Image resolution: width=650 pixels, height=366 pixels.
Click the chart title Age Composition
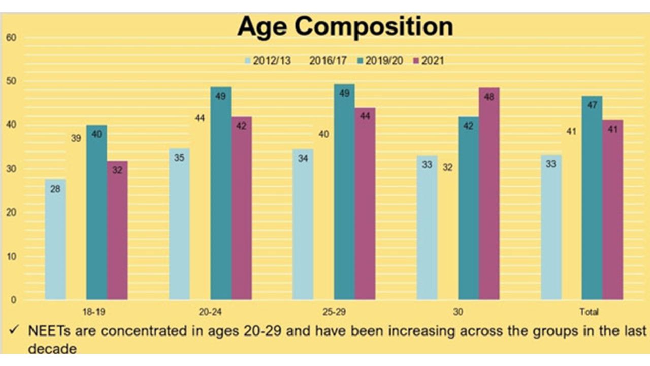pos(345,26)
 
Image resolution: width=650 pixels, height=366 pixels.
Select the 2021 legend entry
pos(429,61)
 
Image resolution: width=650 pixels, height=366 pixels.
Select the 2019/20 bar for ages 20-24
pos(221,193)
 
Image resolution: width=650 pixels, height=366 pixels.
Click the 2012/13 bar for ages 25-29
pos(303,224)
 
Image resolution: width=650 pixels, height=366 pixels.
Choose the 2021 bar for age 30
pos(489,194)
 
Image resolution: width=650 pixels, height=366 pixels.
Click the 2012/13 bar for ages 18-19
pos(55,239)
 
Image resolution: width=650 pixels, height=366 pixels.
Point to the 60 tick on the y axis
pos(12,37)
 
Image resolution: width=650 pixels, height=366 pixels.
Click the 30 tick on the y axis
pos(12,169)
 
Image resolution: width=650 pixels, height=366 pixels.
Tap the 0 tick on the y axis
pos(14,300)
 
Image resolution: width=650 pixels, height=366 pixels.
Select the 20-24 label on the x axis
pos(210,311)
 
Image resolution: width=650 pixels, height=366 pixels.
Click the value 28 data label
pos(55,189)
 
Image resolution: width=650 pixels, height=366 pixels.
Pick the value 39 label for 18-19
pos(76,137)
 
